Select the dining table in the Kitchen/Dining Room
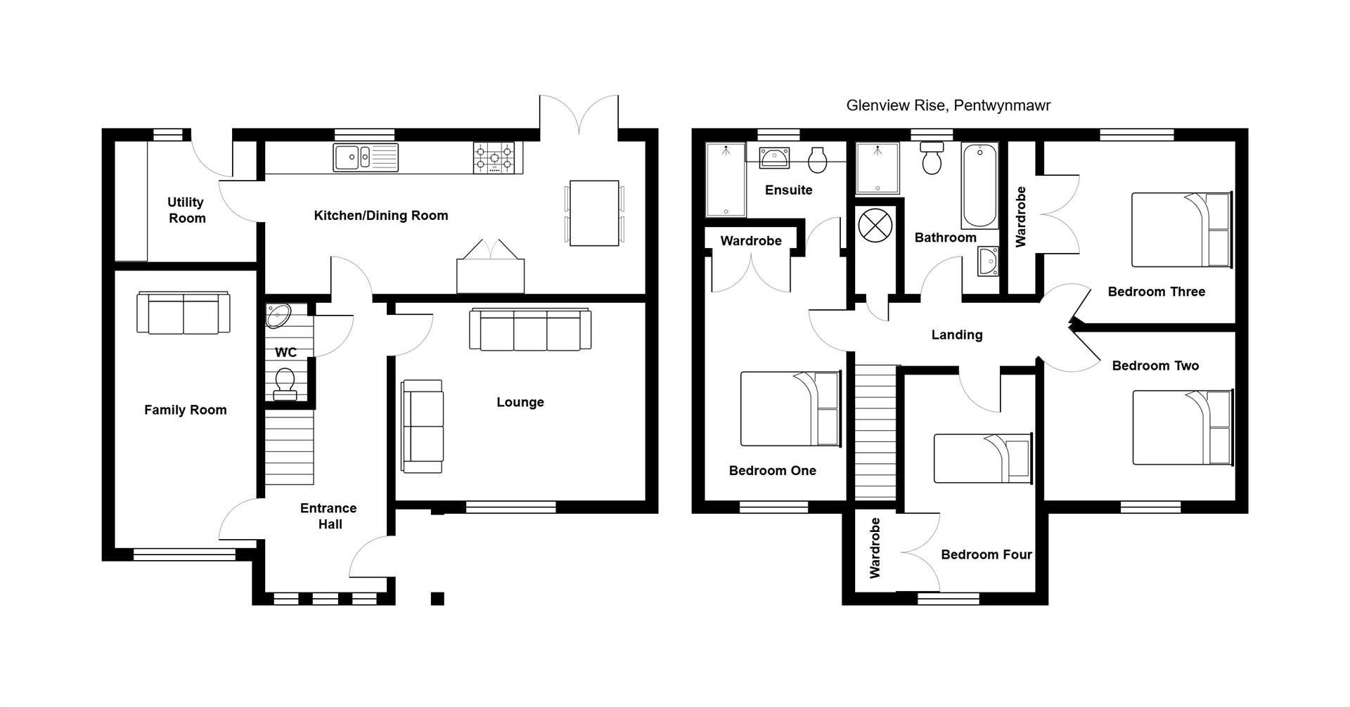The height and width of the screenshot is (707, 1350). tap(594, 213)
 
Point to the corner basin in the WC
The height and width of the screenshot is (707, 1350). tap(278, 316)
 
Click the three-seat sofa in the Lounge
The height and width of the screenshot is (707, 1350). tap(530, 330)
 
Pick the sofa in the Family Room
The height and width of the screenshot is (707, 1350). tap(184, 313)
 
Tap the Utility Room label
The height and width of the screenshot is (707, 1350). tap(186, 210)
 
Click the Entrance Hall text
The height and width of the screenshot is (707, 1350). tap(329, 516)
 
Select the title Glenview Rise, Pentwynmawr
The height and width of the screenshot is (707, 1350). tap(948, 106)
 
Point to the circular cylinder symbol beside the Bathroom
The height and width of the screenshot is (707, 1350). tap(875, 226)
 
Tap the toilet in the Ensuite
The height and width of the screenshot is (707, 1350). tap(818, 160)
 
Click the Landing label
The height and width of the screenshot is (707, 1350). tap(956, 335)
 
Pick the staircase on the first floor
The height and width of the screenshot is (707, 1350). tap(877, 432)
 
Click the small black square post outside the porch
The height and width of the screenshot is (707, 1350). tap(437, 599)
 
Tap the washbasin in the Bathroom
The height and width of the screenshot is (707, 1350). tap(988, 262)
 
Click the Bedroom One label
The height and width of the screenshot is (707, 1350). tap(772, 471)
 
